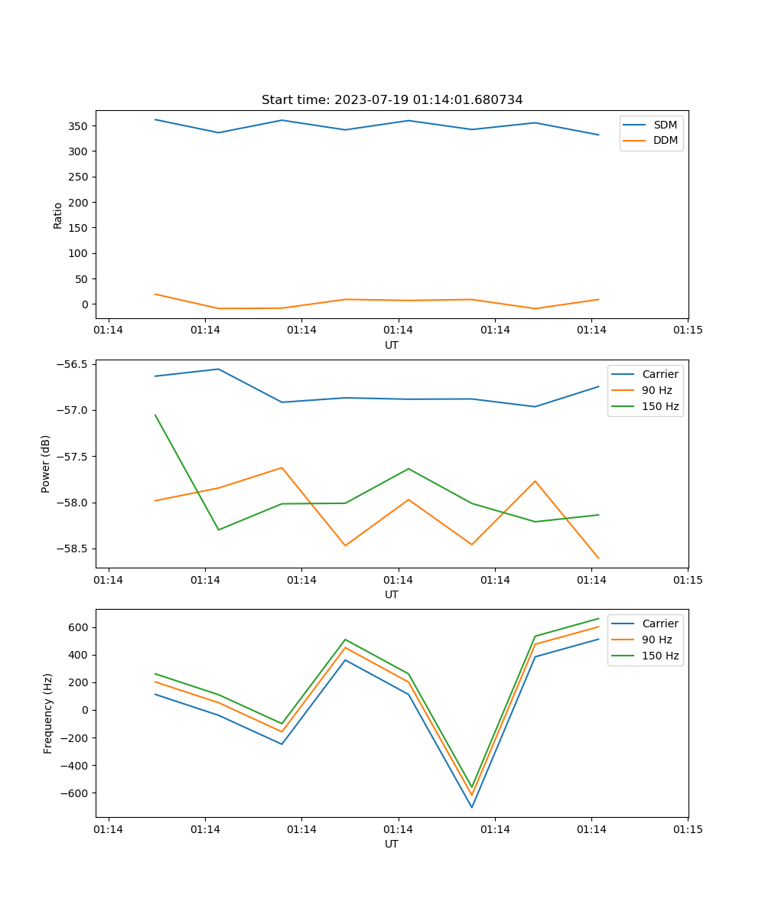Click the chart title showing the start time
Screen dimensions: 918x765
(392, 100)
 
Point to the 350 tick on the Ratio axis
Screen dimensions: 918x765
(78, 125)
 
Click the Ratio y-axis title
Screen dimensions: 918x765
(58, 216)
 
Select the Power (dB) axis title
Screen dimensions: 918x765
(46, 464)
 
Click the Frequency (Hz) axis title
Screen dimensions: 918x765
(48, 713)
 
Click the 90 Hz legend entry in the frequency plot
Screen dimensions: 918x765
(657, 640)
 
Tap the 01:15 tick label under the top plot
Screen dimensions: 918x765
(687, 330)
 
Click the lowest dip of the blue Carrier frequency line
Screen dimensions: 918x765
(471, 807)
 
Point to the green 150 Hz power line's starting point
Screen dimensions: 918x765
(155, 415)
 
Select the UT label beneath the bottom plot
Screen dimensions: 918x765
(392, 845)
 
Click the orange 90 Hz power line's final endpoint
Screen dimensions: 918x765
(598, 558)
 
